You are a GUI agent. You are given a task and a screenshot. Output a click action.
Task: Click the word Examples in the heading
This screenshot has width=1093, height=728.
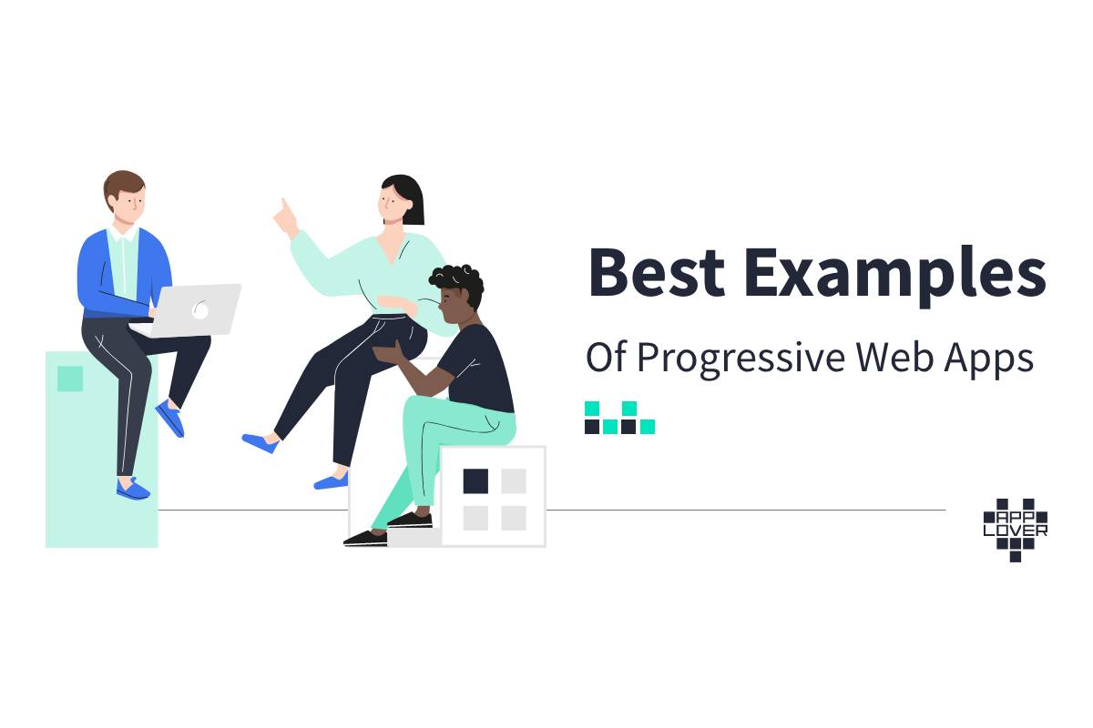(895, 276)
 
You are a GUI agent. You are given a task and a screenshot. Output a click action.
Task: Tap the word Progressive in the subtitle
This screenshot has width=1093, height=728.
(741, 359)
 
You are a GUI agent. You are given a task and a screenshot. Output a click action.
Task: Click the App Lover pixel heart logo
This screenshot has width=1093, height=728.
(1015, 530)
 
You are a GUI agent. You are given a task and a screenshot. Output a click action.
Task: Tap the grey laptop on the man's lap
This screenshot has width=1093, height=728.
(188, 310)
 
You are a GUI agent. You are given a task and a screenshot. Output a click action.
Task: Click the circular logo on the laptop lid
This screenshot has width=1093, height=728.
(200, 310)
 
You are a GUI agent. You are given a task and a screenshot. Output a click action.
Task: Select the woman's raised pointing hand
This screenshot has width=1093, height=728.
(287, 218)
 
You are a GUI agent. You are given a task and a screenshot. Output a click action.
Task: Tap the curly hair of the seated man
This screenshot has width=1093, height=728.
(457, 283)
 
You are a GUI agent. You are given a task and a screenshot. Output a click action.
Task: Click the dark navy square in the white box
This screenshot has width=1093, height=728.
(475, 481)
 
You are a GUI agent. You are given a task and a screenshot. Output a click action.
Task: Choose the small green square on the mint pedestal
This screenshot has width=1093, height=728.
(70, 379)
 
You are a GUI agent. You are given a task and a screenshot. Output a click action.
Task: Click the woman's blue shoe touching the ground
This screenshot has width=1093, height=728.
(331, 481)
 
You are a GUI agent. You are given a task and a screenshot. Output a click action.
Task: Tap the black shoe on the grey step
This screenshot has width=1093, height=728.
(410, 521)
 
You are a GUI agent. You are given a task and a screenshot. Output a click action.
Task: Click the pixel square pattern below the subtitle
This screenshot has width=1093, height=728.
(619, 418)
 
